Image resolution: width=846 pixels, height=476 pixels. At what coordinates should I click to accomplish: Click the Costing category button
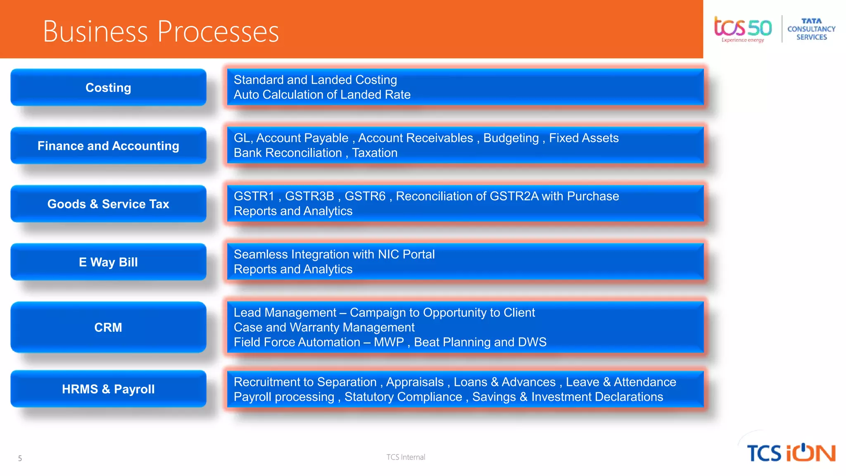(108, 88)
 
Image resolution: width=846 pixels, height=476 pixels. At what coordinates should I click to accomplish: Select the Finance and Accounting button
(108, 146)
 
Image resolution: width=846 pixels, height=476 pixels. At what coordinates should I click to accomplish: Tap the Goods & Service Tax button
(108, 204)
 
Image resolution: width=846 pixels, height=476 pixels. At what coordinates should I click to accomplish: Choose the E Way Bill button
(108, 262)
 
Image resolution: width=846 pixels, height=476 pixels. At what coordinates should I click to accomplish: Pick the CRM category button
(108, 327)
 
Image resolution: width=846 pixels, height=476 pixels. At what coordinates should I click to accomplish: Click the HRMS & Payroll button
(108, 389)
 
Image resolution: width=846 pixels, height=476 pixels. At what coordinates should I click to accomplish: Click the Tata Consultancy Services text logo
(811, 29)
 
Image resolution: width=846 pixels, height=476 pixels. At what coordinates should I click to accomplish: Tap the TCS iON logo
(791, 453)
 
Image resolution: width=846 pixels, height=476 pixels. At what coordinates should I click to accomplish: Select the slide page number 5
(20, 458)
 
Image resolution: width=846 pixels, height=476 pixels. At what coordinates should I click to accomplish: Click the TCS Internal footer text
(406, 457)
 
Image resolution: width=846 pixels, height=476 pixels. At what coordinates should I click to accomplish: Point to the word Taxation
(375, 153)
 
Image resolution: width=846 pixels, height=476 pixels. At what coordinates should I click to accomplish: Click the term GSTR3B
(309, 196)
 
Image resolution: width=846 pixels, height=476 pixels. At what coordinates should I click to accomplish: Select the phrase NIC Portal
(406, 254)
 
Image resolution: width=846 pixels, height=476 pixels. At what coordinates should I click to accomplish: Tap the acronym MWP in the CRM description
(389, 342)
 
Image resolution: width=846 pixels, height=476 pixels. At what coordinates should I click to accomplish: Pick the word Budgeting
(511, 138)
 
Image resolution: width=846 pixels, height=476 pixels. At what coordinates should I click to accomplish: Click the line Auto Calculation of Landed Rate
(322, 95)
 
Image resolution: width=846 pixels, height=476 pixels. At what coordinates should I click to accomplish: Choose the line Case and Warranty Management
(324, 327)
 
